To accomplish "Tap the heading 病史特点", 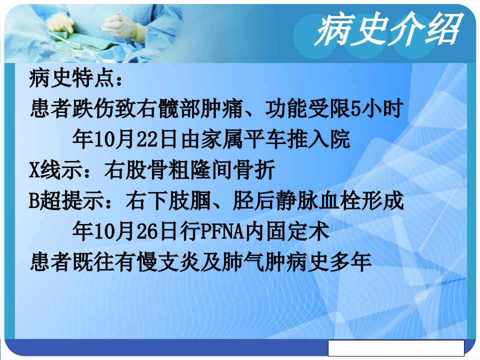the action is (x=72, y=78).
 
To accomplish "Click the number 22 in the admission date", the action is (x=147, y=139).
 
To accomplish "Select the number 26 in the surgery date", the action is (x=147, y=231).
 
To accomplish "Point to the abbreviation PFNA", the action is (x=222, y=231).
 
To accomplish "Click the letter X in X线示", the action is (x=34, y=170).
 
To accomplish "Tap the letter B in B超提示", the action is (x=34, y=201).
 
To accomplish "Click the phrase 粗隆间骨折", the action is (x=222, y=170).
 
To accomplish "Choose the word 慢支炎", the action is (x=168, y=262).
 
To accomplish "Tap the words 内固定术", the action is (x=287, y=231).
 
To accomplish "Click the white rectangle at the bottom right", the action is (x=396, y=348).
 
